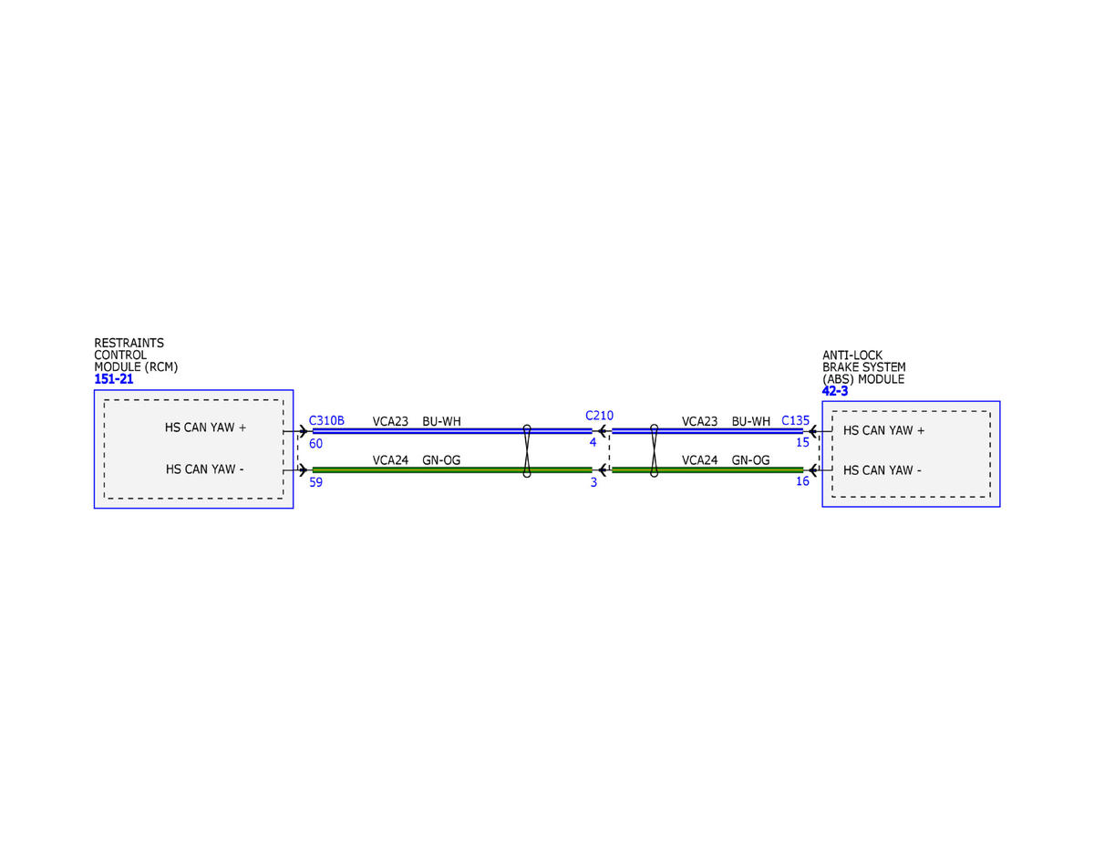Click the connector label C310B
pos(326,420)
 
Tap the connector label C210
pos(599,416)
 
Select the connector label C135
pos(795,421)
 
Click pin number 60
pos(315,444)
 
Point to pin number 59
pos(315,482)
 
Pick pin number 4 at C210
pos(593,443)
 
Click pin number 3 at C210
pos(593,482)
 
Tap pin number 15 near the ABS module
pos(802,443)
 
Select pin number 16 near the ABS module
pos(802,481)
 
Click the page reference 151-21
pos(114,379)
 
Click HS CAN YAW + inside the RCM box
pos(206,427)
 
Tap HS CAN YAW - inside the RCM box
pos(206,469)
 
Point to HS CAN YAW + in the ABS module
pos(884,430)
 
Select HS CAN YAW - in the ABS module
pos(882,470)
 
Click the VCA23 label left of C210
pos(390,421)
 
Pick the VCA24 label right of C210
pos(699,460)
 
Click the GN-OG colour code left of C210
pos(441,460)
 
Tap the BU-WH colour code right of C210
pos(751,421)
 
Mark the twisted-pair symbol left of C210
pos(527,450)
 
